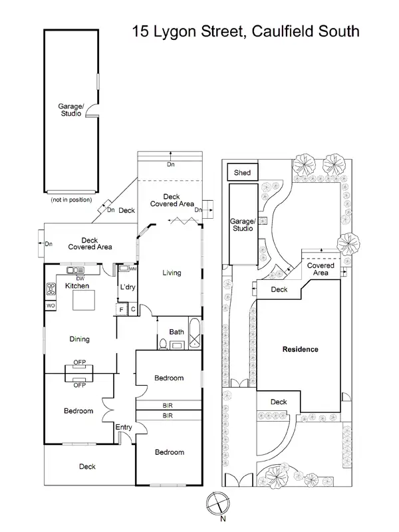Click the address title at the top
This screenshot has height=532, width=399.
click(245, 31)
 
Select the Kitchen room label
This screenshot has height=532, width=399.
click(76, 286)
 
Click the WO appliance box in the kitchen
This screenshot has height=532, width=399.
click(51, 305)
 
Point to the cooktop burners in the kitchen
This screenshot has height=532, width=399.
click(51, 289)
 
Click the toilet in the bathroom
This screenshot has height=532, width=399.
click(163, 343)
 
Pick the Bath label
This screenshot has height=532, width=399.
click(176, 332)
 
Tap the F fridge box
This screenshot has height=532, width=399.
click(122, 309)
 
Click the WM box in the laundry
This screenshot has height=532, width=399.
click(132, 269)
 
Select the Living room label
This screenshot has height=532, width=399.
click(172, 273)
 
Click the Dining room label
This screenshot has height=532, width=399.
click(79, 339)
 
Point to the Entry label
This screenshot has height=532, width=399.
click(124, 427)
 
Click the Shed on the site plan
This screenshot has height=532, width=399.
click(242, 173)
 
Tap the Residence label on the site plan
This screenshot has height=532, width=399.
click(300, 349)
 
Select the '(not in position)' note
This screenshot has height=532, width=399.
click(70, 199)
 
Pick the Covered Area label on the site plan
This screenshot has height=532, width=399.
click(321, 269)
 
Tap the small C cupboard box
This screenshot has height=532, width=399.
click(133, 309)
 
